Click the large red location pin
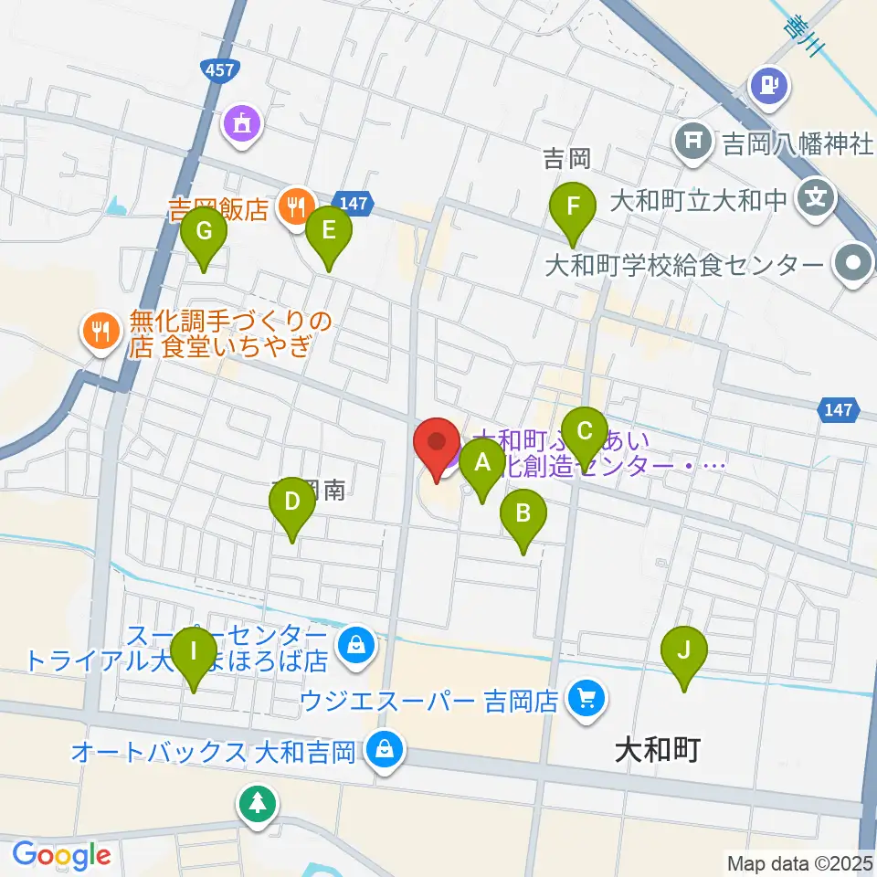pyautogui.click(x=437, y=445)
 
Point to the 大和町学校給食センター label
pyautogui.click(x=683, y=265)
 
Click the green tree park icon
pyautogui.click(x=258, y=804)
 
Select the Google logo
pyautogui.click(x=61, y=855)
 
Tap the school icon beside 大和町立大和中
pyautogui.click(x=814, y=197)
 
